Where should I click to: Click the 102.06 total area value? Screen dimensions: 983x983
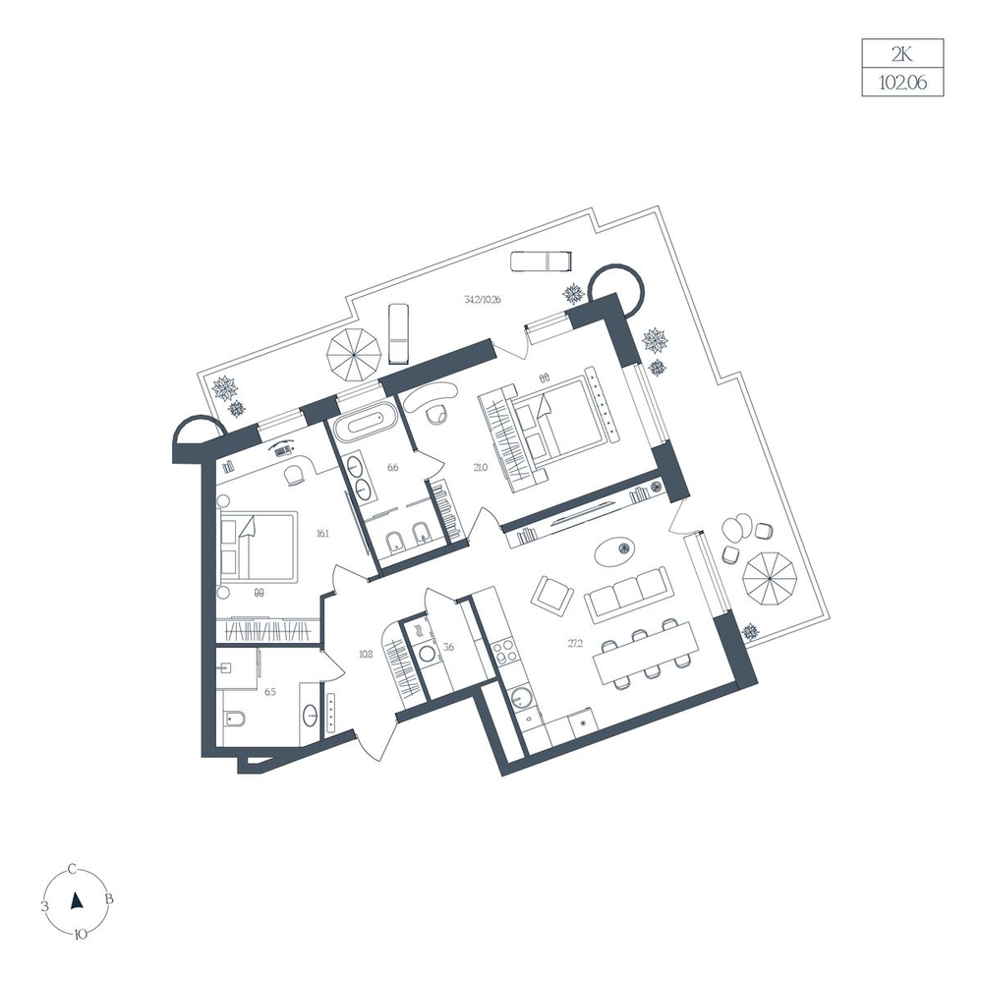(902, 83)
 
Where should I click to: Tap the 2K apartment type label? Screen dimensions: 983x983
(902, 54)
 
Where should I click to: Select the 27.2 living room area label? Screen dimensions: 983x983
(575, 643)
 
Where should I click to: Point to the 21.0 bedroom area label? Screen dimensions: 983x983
(481, 466)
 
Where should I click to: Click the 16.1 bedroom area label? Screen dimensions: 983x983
(322, 534)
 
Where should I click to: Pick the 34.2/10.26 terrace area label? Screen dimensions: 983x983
(482, 300)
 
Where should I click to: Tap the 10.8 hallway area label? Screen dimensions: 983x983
(366, 654)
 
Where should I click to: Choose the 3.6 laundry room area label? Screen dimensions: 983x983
(448, 647)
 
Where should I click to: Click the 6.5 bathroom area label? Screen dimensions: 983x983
(270, 692)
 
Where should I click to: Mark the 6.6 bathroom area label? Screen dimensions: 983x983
(393, 466)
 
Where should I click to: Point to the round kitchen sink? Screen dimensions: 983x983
(520, 697)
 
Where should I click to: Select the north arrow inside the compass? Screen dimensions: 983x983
(77, 900)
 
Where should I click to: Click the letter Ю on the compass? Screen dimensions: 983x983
(81, 934)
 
